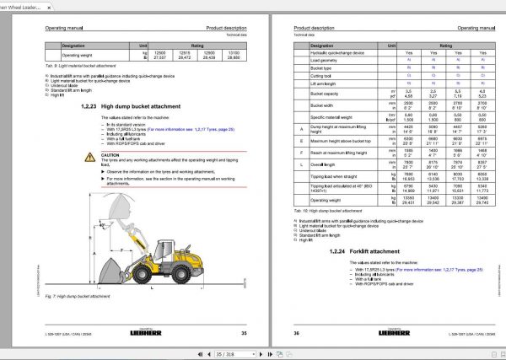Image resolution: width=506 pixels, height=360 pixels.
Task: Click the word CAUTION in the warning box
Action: pos(111,155)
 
